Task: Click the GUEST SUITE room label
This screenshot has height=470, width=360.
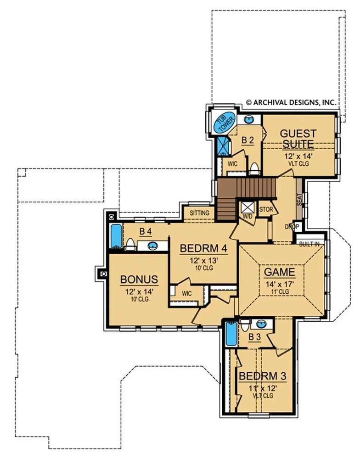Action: (x=298, y=139)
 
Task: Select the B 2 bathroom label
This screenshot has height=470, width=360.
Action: (x=247, y=140)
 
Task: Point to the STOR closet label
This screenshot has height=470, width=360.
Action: (x=266, y=209)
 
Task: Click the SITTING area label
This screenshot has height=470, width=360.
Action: (x=200, y=213)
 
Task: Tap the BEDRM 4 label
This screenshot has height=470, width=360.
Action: (x=203, y=248)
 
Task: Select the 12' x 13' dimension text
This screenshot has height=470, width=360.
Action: (x=203, y=260)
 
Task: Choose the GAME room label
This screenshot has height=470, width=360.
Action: (x=279, y=272)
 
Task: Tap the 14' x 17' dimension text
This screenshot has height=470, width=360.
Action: (x=279, y=284)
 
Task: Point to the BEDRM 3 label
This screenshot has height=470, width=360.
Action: (x=262, y=376)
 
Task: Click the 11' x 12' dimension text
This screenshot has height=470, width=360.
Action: (x=262, y=388)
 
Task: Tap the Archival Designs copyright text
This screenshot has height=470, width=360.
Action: (x=290, y=103)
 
